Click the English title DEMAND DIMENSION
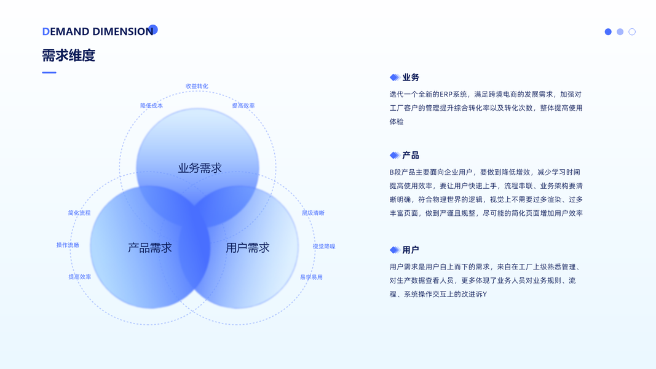[97, 31]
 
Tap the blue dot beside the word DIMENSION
[153, 29]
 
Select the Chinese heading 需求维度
[68, 55]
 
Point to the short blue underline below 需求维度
[49, 73]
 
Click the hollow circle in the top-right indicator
[632, 32]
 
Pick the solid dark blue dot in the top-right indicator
[608, 32]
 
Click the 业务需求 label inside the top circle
[200, 168]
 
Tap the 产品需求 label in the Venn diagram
[149, 248]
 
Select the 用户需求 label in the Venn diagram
[248, 248]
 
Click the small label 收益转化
[197, 86]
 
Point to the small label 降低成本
[151, 106]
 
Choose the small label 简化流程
[79, 213]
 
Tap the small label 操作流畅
[68, 245]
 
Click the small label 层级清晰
[313, 213]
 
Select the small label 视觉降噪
[324, 247]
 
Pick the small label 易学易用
[311, 277]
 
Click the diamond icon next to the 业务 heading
[395, 77]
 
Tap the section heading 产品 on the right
[411, 155]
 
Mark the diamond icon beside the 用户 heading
[395, 250]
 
